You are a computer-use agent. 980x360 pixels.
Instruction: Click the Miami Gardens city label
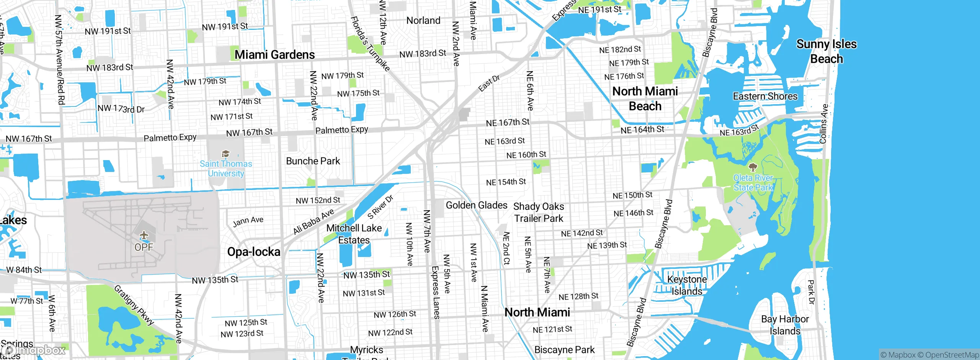[x=274, y=55]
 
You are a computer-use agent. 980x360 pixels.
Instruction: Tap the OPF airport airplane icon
[x=144, y=234]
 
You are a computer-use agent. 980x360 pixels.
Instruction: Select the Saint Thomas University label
[x=226, y=169]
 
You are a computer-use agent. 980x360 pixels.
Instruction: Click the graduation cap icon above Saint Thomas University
[x=225, y=154]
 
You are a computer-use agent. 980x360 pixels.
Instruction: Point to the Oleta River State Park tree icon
[x=753, y=167]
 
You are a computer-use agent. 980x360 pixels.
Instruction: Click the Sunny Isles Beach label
[x=826, y=51]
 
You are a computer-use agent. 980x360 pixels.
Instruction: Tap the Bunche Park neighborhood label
[x=313, y=161]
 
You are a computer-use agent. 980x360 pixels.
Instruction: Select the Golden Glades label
[x=476, y=205]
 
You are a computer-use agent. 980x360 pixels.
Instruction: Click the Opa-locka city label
[x=253, y=252]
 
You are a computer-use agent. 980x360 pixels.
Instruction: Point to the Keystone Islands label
[x=687, y=285]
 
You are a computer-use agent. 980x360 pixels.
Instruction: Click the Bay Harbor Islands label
[x=785, y=325]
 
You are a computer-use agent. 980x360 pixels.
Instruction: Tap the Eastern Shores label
[x=765, y=96]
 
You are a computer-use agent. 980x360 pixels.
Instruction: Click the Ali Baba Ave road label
[x=314, y=221]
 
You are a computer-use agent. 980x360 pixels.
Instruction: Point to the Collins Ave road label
[x=824, y=124]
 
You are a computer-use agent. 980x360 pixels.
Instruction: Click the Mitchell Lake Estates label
[x=354, y=234]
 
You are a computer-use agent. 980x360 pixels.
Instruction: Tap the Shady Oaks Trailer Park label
[x=539, y=213]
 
